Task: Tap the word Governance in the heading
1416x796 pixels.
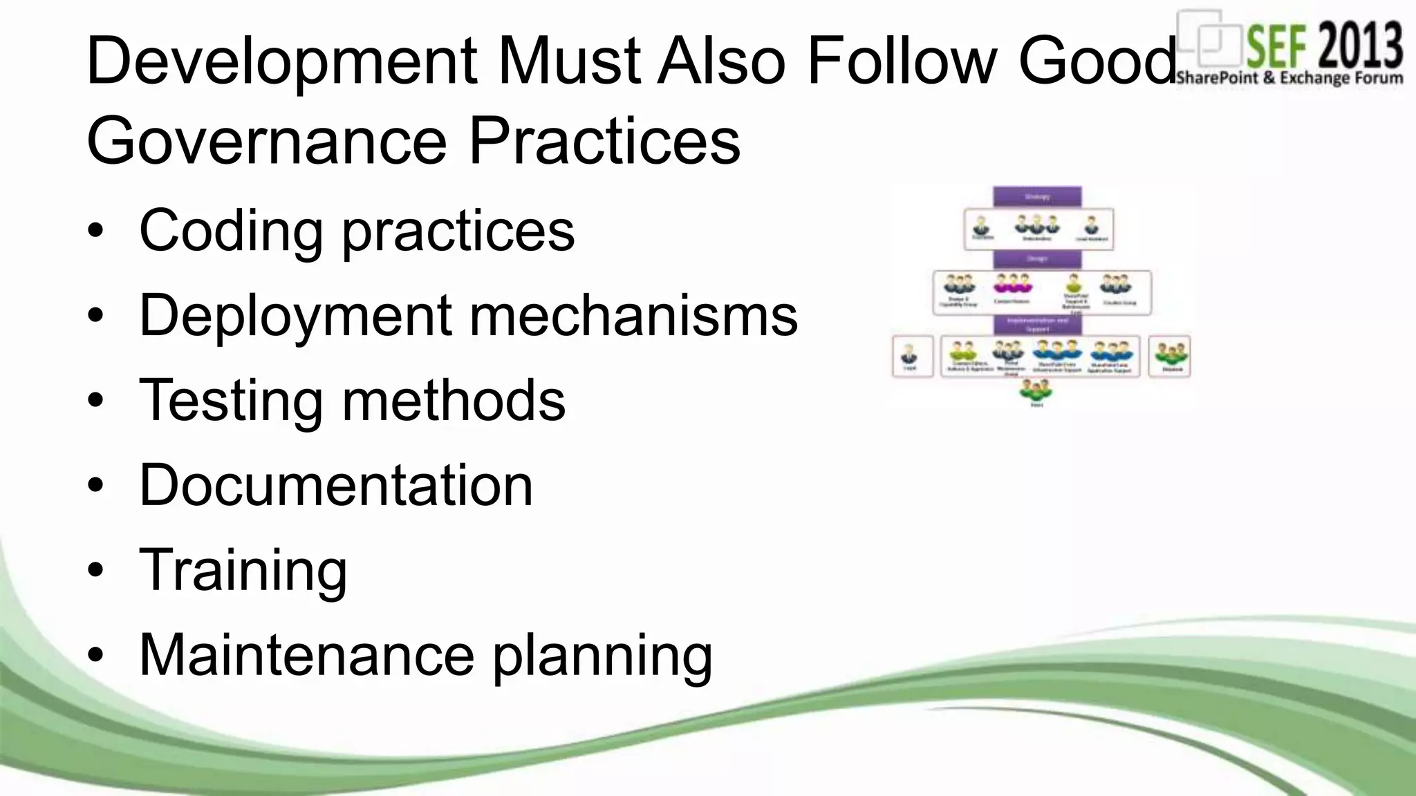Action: click(267, 142)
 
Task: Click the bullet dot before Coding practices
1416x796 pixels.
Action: click(96, 231)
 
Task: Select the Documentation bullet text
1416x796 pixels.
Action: click(336, 485)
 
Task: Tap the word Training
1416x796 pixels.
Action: click(243, 571)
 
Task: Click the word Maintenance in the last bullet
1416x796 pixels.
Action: click(306, 654)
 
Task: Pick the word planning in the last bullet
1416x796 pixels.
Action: click(602, 656)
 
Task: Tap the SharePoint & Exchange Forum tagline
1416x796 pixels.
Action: click(1289, 77)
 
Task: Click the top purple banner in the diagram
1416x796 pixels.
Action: click(1037, 196)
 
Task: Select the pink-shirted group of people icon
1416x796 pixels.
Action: click(1012, 284)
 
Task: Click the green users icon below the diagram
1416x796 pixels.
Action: click(1036, 391)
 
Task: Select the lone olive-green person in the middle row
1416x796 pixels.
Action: click(1072, 283)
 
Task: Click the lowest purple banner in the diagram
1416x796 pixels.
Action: click(1037, 325)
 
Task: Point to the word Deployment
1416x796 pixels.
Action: click(295, 316)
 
